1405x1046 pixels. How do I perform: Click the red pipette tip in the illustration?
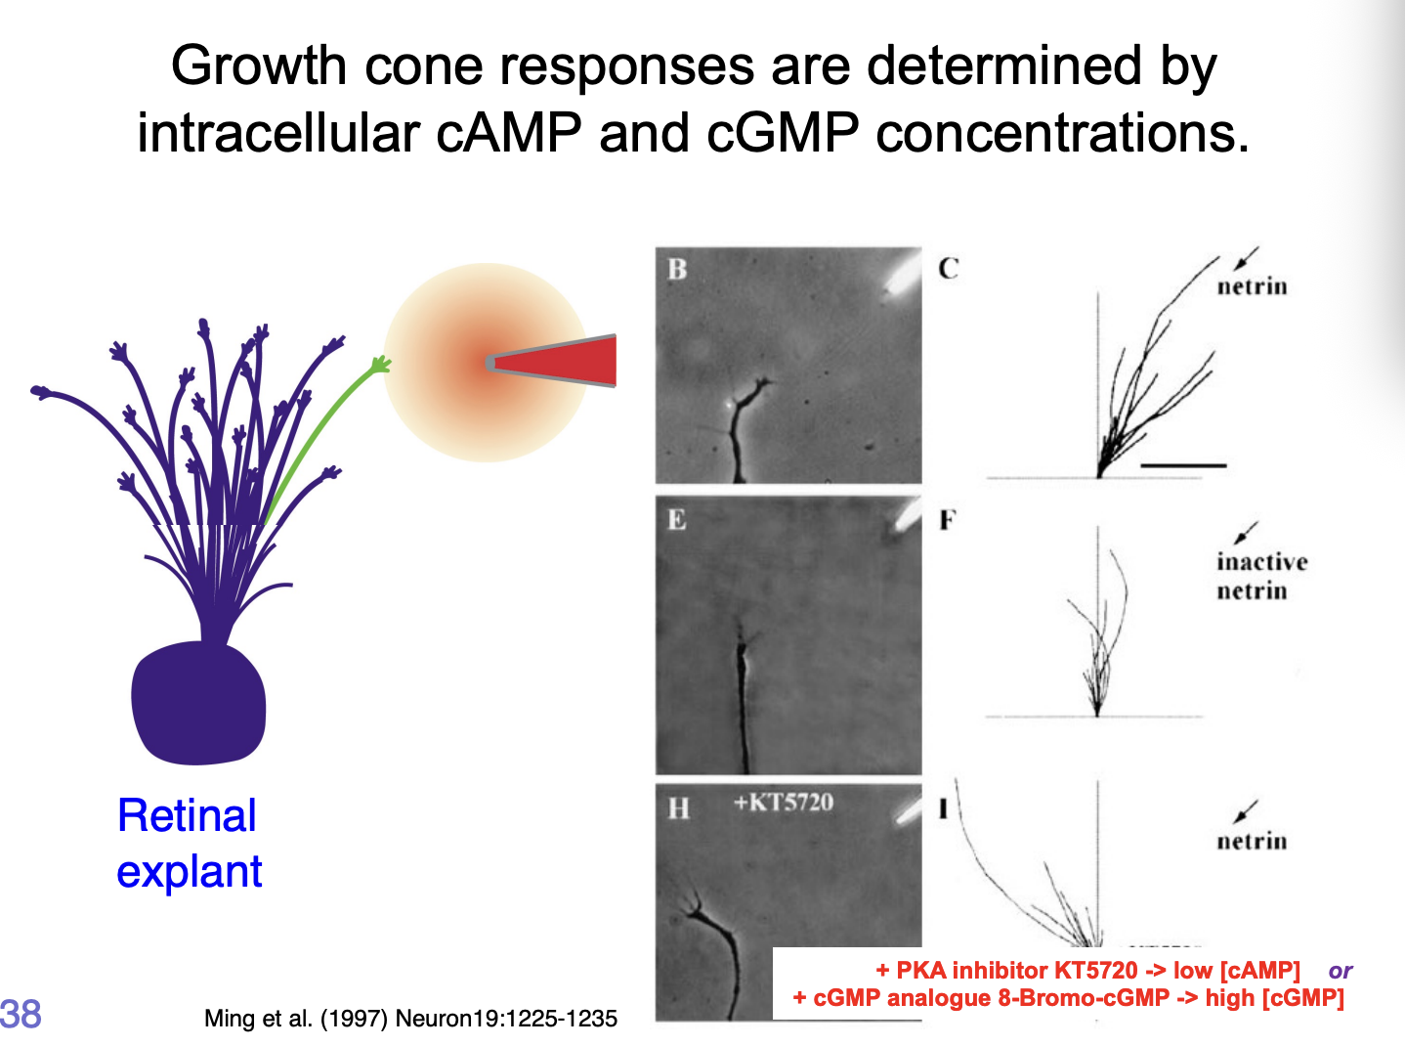[557, 362]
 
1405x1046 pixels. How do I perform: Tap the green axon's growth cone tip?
[379, 366]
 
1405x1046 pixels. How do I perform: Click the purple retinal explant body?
[198, 702]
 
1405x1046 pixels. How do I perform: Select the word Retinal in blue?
[187, 815]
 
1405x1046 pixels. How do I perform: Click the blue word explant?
[190, 871]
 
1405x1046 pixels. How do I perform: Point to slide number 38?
[21, 1014]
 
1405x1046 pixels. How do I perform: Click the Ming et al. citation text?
[410, 1019]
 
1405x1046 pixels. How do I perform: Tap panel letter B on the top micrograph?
[677, 269]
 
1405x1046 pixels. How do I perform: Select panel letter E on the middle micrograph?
[677, 519]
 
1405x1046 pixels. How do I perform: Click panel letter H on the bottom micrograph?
[678, 808]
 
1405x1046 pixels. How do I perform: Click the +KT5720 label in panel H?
[784, 803]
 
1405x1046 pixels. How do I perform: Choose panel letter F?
[947, 520]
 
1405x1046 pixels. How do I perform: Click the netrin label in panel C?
[1252, 286]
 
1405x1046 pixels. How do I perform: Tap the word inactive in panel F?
[1261, 562]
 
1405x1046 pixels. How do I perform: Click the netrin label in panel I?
[1252, 842]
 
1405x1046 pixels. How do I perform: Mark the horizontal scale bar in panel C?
[1182, 466]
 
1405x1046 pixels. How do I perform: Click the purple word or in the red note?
[1340, 971]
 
